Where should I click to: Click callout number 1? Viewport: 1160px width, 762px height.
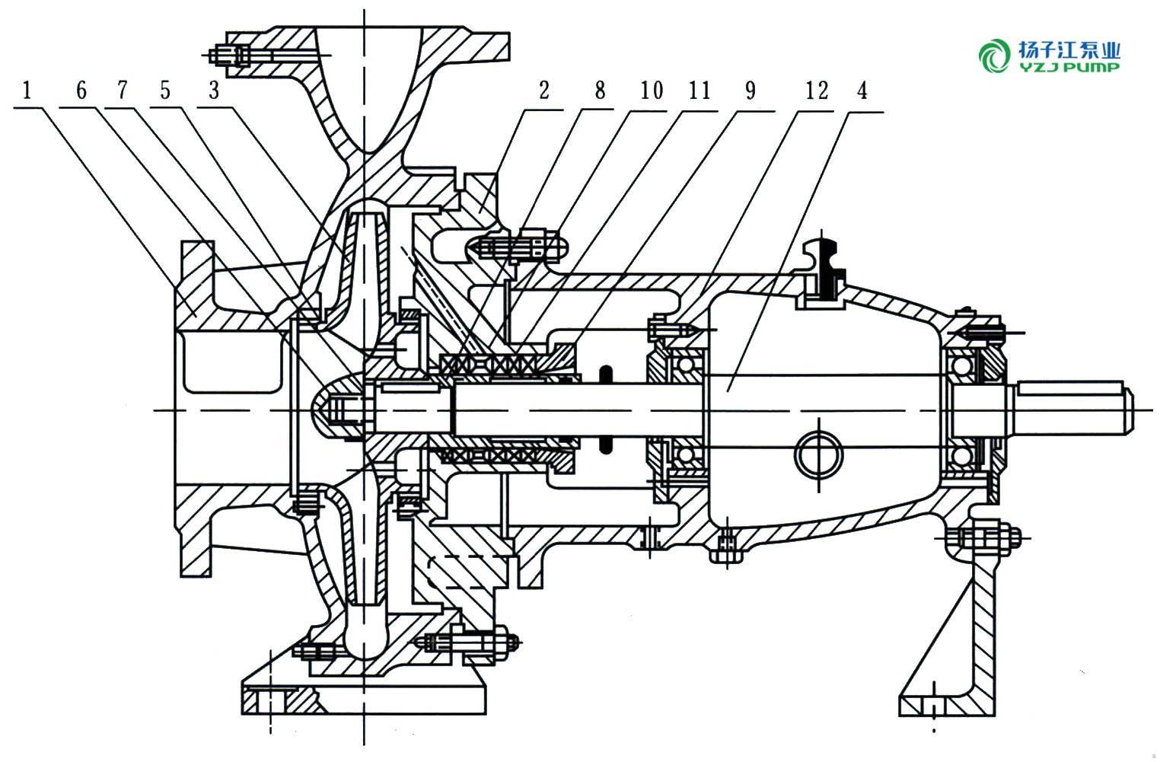tap(27, 91)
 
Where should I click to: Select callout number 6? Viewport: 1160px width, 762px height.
tap(81, 91)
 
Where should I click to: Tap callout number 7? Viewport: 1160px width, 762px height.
tap(123, 91)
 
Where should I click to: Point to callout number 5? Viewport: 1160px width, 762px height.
tap(165, 91)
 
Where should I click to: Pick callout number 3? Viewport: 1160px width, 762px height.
tap(214, 91)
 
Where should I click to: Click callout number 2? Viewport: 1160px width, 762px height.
tap(543, 91)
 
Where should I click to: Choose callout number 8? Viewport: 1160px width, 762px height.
tap(600, 91)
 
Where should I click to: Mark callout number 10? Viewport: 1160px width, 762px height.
tap(651, 91)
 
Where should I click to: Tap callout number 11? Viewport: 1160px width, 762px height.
tap(699, 91)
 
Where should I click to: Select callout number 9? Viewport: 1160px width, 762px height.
tap(750, 91)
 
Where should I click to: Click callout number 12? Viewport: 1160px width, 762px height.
tap(816, 91)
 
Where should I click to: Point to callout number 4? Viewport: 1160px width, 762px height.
tap(862, 91)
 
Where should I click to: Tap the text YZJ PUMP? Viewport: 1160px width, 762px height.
tap(1069, 67)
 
